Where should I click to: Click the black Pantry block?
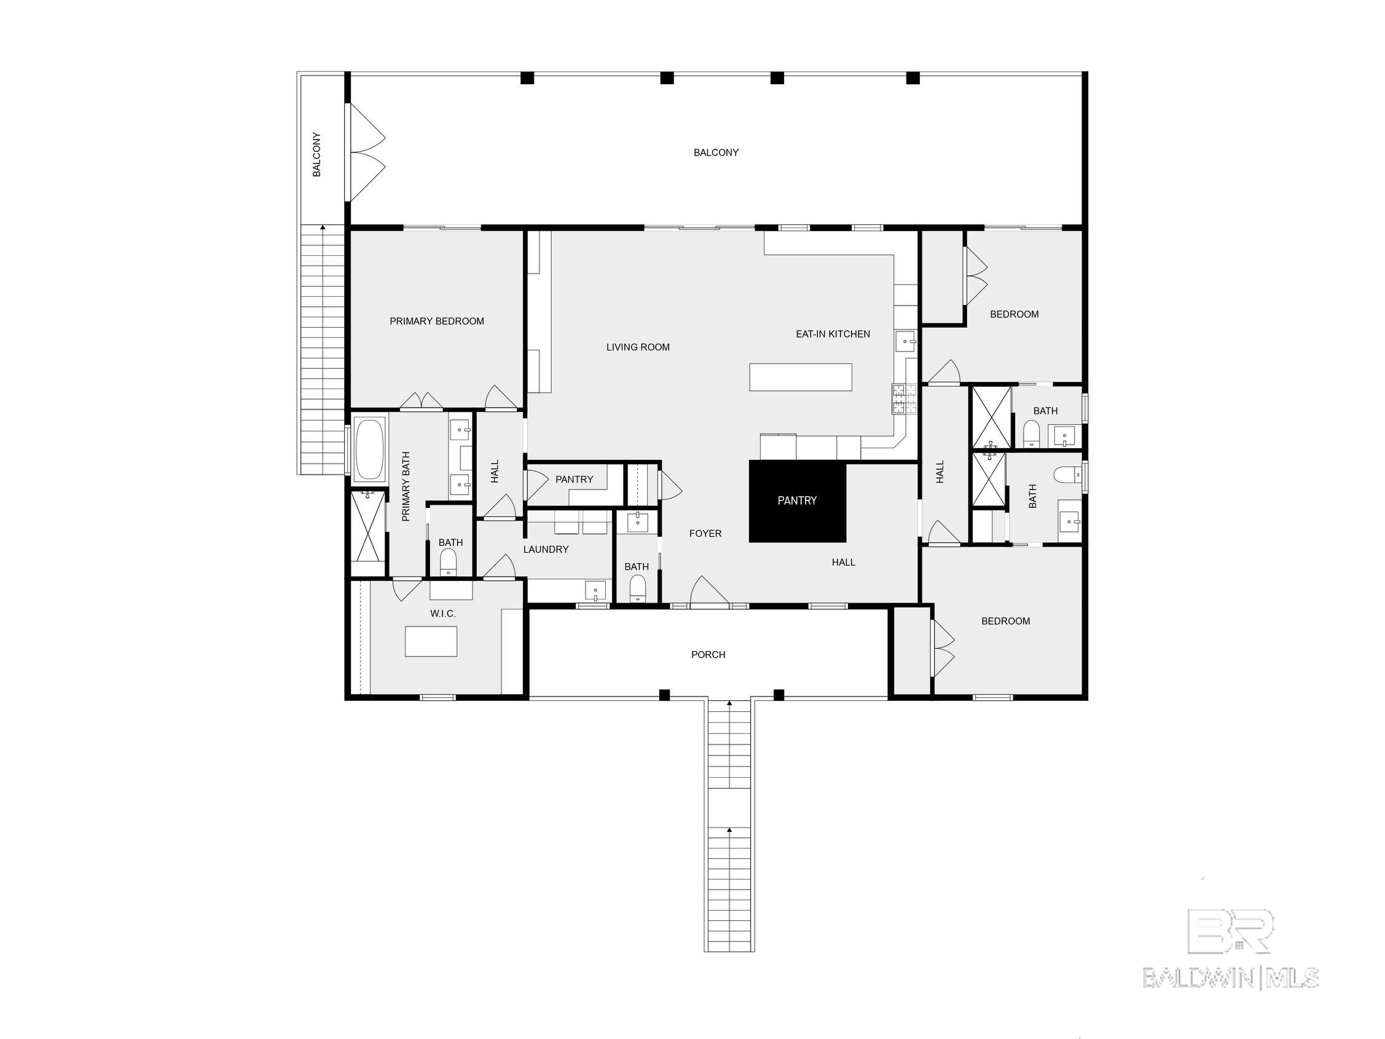pyautogui.click(x=797, y=501)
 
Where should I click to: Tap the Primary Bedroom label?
pyautogui.click(x=437, y=322)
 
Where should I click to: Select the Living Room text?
pyautogui.click(x=638, y=347)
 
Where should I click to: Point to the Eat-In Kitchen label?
pyautogui.click(x=833, y=334)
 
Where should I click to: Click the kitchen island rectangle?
pyautogui.click(x=801, y=377)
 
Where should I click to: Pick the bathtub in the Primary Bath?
pyautogui.click(x=369, y=449)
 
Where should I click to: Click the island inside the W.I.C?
pyautogui.click(x=431, y=641)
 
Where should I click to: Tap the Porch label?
pyautogui.click(x=708, y=655)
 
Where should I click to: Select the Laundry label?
pyautogui.click(x=546, y=549)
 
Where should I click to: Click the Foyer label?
pyautogui.click(x=705, y=534)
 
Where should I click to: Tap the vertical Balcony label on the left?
pyautogui.click(x=317, y=155)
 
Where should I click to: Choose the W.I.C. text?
pyautogui.click(x=442, y=614)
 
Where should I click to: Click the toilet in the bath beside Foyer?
pyautogui.click(x=637, y=589)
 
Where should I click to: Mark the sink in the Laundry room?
pyautogui.click(x=595, y=590)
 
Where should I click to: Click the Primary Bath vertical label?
pyautogui.click(x=406, y=487)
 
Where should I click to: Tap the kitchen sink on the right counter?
pyautogui.click(x=906, y=342)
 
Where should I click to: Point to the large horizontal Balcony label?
pyautogui.click(x=716, y=152)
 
